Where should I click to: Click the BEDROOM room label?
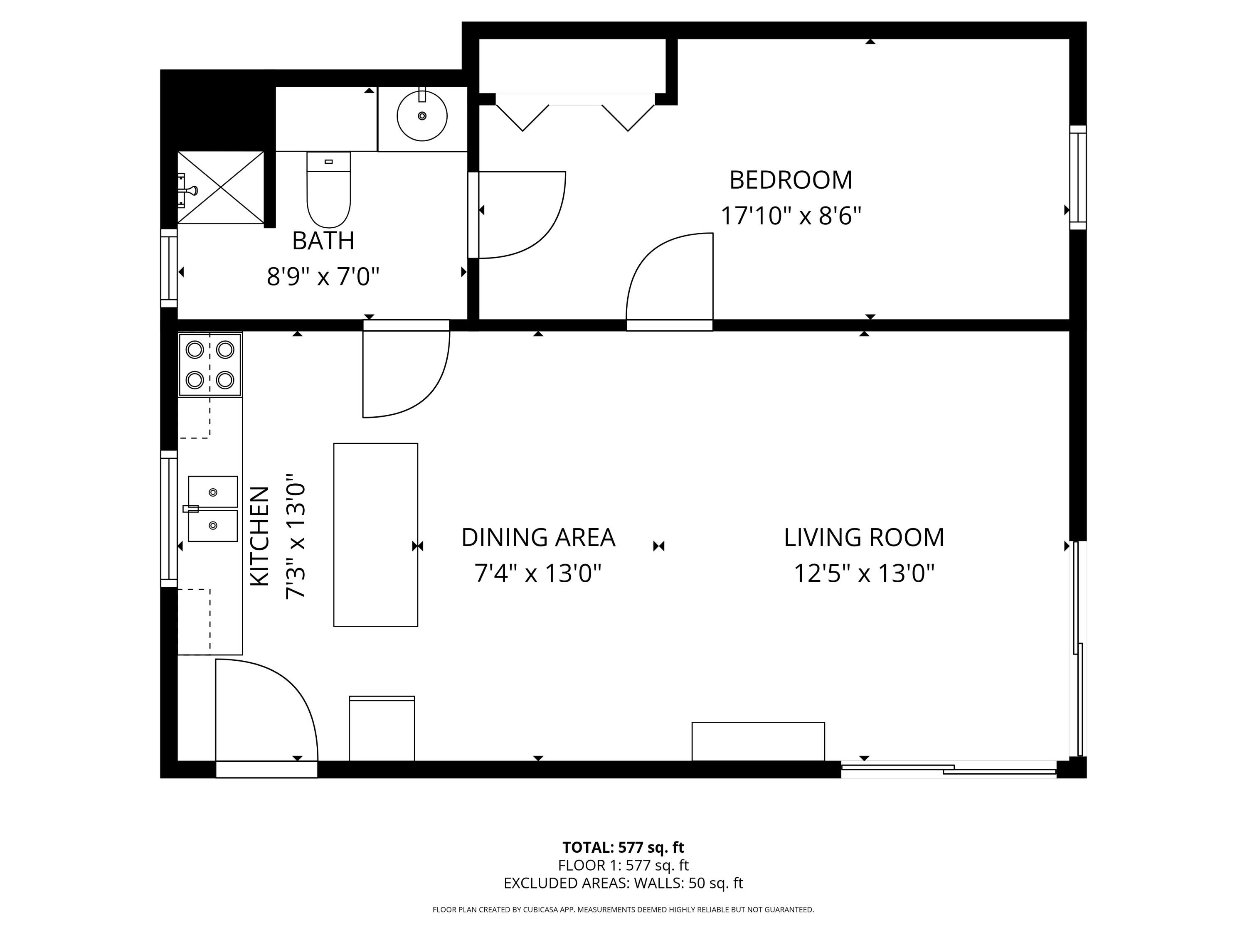point(790,180)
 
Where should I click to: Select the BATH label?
point(323,241)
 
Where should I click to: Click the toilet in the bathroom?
point(329,189)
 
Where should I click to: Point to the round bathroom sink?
point(422,116)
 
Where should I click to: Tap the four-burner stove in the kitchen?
point(210,364)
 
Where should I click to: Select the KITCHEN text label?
point(259,536)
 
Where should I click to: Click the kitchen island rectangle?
point(375,534)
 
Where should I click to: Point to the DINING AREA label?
point(538,538)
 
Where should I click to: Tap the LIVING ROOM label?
point(864,538)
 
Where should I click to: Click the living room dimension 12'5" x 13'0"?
point(864,574)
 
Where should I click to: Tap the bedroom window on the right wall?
point(1078,177)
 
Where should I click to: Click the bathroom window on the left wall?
point(169,268)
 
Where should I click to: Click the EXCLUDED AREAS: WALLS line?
point(623,883)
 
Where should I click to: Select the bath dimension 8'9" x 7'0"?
point(323,277)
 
